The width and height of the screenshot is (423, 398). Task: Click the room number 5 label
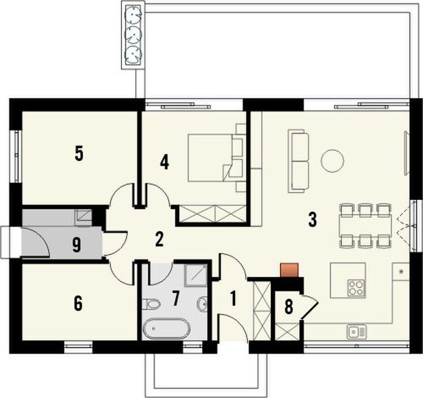(79, 153)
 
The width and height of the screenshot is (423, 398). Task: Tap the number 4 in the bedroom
(165, 161)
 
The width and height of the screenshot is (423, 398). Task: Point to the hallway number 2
(158, 240)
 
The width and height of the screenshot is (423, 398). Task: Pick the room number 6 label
(78, 303)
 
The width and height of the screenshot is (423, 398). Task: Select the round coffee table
(332, 158)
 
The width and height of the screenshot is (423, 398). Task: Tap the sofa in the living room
(298, 159)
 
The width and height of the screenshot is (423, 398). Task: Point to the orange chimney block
(289, 271)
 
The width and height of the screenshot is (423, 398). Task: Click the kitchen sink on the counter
(355, 332)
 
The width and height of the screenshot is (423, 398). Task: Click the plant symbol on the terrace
(133, 34)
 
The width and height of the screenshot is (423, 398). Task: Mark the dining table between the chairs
(365, 225)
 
